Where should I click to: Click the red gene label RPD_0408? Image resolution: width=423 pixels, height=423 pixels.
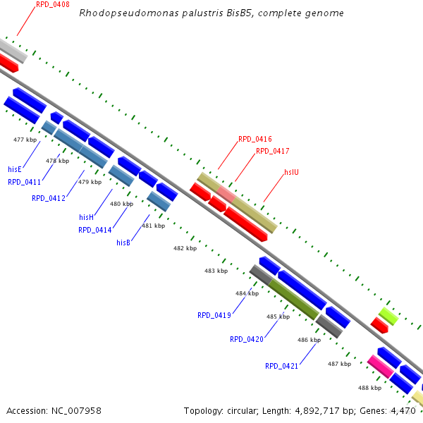52,4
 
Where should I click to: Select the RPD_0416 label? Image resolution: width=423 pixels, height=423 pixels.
255,139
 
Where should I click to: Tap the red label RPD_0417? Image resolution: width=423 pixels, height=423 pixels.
273,151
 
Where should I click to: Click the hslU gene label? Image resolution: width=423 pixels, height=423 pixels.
292,171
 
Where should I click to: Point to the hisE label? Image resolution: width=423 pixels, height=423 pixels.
15,169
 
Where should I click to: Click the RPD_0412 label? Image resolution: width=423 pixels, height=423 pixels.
49,198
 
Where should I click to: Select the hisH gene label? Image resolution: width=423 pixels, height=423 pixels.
86,217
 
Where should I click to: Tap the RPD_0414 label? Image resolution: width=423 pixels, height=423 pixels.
95,230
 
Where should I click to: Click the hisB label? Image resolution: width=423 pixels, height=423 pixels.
123,243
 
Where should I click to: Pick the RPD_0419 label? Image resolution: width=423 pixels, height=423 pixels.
214,315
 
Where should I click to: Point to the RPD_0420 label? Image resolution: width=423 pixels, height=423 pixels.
247,339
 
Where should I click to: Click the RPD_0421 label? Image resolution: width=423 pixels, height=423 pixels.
281,366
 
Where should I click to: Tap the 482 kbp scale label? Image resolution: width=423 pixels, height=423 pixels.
185,248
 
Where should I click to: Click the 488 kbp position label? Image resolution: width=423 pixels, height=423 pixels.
369,388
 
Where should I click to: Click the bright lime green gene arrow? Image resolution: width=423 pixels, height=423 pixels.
388,315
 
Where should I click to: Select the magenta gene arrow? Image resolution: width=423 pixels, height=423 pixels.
380,366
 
